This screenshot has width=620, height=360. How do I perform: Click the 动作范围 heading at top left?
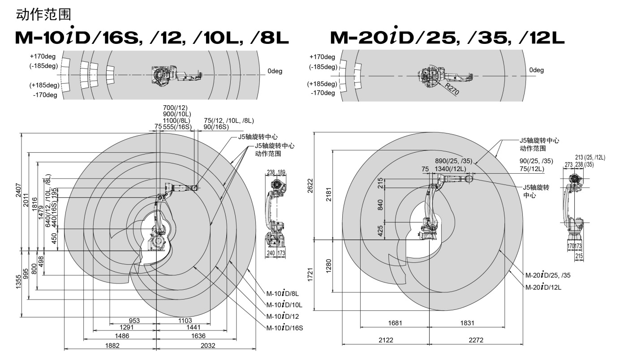point(43,15)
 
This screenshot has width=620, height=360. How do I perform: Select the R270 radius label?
point(452,89)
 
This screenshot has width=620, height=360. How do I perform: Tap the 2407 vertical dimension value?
point(18,190)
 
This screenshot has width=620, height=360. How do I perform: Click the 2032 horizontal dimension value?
point(208,345)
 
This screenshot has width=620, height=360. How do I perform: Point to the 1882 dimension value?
point(112,345)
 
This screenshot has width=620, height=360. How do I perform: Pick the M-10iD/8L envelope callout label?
point(283,293)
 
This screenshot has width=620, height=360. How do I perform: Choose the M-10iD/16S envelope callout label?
point(284,328)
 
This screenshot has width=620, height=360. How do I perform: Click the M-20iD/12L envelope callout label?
point(543,287)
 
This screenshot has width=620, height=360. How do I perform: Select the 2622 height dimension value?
point(310,186)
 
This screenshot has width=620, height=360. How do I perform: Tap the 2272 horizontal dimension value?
point(476,340)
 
